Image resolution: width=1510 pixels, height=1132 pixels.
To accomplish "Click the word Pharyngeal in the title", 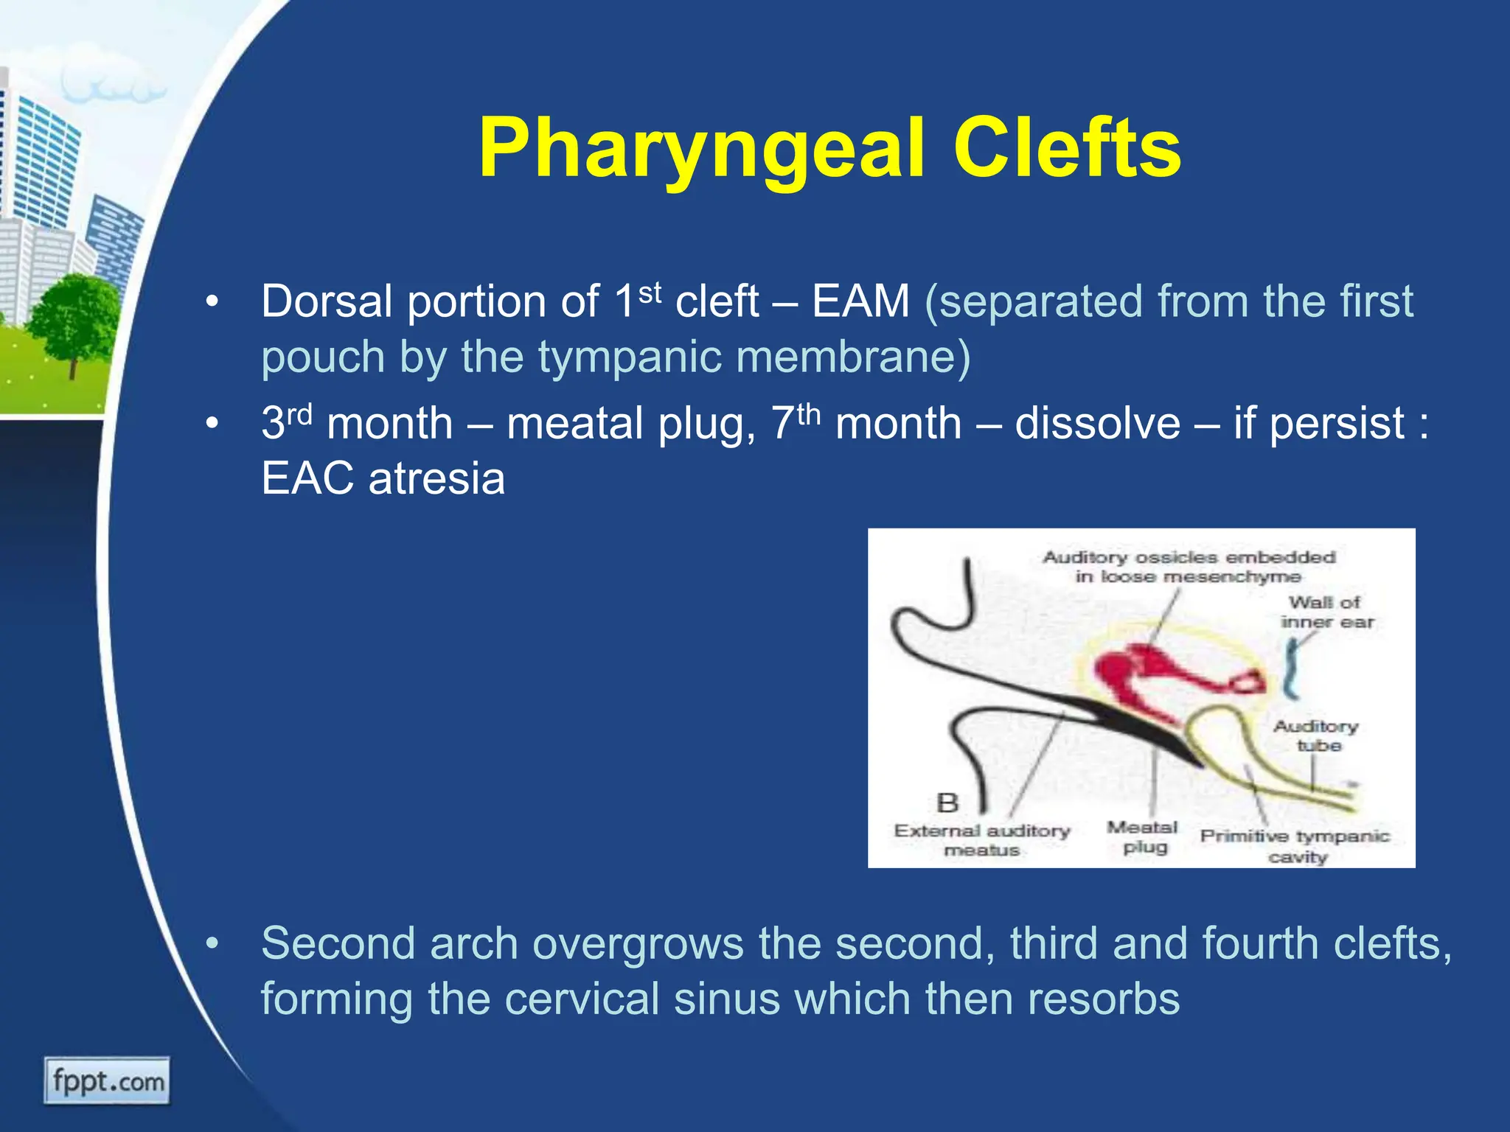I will [700, 151].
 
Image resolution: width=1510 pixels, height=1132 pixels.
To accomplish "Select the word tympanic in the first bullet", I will [629, 357].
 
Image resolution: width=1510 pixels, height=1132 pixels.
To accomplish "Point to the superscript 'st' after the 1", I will [650, 293].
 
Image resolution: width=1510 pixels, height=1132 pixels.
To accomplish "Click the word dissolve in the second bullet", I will [1097, 424].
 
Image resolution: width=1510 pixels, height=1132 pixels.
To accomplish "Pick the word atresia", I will [436, 479].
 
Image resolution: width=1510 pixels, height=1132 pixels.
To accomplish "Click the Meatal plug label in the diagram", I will [1142, 837].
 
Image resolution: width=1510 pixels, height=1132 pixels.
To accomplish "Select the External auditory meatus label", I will [981, 840].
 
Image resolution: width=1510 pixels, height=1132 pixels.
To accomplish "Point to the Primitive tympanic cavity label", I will [1295, 846].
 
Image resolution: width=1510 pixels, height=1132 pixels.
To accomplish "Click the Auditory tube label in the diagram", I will [1316, 736].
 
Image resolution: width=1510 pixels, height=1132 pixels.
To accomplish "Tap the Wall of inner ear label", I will [1326, 612].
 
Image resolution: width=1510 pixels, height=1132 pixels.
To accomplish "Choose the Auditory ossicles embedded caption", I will [1189, 566].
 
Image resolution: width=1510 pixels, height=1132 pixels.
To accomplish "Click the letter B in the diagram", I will [947, 802].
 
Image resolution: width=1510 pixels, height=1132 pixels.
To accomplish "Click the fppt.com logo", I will [108, 1081].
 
